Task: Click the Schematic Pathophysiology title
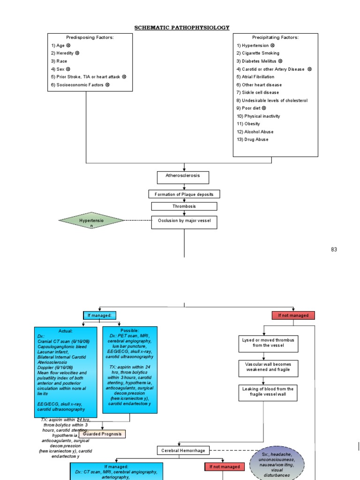[182, 28]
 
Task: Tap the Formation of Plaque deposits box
[184, 194]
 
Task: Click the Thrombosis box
[184, 206]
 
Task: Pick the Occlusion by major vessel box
[184, 222]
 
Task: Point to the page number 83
[334, 249]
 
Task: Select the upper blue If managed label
[99, 315]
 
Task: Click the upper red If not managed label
[293, 315]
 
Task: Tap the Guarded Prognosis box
[102, 434]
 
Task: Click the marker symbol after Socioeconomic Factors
[107, 85]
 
